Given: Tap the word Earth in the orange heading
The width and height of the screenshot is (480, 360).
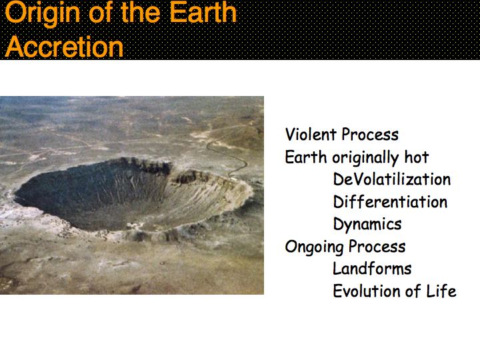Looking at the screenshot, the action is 203,12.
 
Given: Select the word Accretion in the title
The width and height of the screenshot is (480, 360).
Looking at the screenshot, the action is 64,47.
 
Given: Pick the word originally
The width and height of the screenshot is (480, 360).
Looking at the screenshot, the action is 366,158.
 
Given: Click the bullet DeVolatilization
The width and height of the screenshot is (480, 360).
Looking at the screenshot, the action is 392,179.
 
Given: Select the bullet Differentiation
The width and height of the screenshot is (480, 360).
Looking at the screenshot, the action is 390,202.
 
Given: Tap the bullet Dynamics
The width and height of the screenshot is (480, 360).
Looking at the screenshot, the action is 367,225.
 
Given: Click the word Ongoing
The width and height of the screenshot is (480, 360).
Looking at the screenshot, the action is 315,247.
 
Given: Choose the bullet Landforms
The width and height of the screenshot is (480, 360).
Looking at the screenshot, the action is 372,269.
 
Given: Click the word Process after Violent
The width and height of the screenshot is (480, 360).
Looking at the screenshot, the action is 370,135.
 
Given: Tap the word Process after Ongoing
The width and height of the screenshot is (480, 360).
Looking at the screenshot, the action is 377,247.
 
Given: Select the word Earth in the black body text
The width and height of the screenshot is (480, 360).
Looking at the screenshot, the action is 306,157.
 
